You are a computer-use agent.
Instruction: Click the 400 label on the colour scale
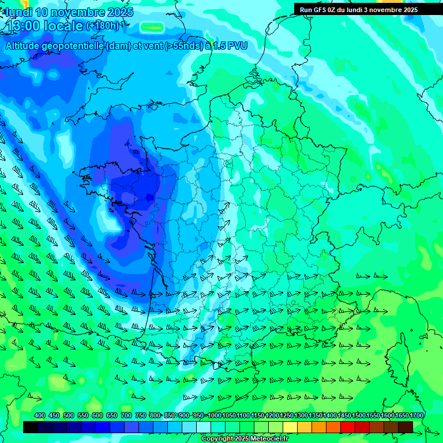[x=40, y=415]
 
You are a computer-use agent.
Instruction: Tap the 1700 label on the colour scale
[x=417, y=415]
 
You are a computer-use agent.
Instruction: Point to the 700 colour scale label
[x=126, y=415]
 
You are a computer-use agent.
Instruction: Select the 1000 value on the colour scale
[x=215, y=415]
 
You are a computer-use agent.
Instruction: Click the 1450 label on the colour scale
[x=345, y=415]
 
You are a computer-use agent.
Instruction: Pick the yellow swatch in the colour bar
[x=290, y=427]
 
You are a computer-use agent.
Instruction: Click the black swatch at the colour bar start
[x=31, y=427]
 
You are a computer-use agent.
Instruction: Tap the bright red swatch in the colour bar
[x=348, y=427]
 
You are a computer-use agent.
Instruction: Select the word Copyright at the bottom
[x=217, y=439]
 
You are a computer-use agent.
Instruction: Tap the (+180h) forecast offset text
[x=103, y=26]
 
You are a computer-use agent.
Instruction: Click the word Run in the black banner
[x=306, y=10]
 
